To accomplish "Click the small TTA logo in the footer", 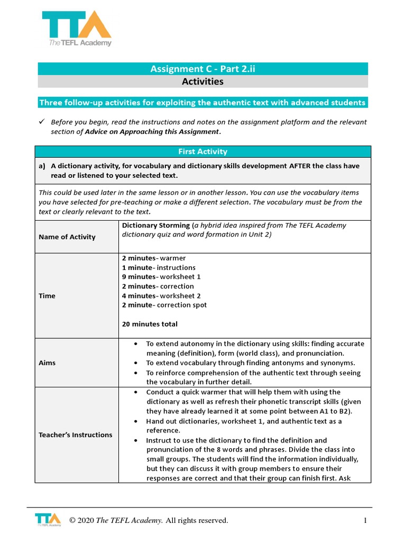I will tap(47, 520).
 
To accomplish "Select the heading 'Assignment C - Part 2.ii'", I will tap(202, 68).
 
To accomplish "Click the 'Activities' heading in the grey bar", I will tap(202, 82).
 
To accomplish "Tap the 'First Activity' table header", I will tap(202, 152).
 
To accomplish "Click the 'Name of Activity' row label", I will tap(67, 237).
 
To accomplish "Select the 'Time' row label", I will tap(47, 296).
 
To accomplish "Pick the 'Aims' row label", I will tap(47, 363).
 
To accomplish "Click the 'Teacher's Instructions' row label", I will tap(75, 435).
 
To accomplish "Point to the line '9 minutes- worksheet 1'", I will tap(161, 277).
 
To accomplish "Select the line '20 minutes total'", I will tap(150, 324).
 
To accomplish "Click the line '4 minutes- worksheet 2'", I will tap(161, 296).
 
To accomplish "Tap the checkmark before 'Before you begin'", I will tap(43, 122).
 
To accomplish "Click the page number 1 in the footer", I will tap(365, 521).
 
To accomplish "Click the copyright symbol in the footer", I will tap(72, 521).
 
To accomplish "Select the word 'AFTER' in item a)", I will tap(300, 166).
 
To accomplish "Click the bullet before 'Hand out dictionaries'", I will tap(136, 421).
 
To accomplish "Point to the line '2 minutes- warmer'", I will tap(154, 258).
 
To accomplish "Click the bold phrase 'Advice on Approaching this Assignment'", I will tap(152, 131).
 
